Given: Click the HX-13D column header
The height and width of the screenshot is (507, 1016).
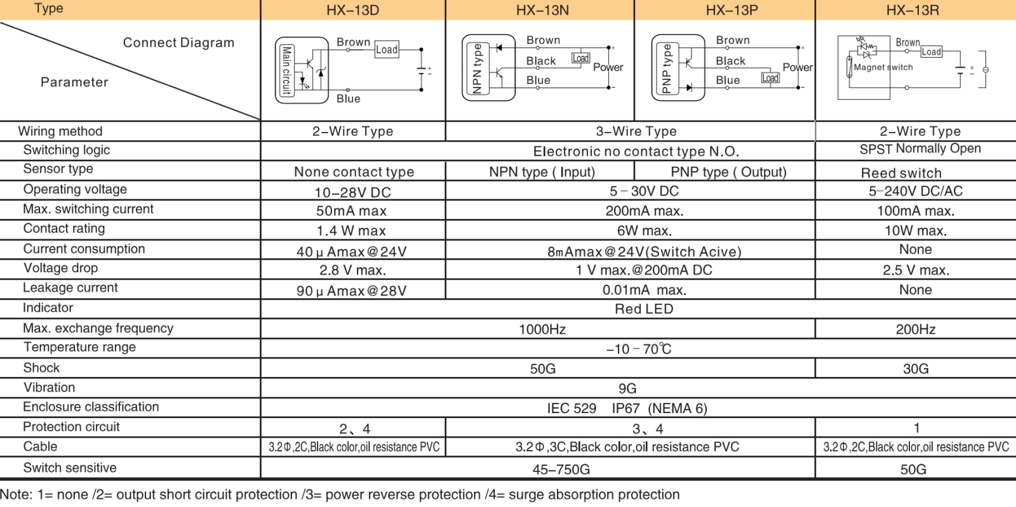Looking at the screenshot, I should coord(352,10).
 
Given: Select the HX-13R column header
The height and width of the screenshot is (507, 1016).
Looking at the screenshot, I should coord(912,10).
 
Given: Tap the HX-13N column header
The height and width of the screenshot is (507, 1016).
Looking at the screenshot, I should coord(542,10).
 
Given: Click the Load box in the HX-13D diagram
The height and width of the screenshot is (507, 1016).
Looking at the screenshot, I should coord(387,49).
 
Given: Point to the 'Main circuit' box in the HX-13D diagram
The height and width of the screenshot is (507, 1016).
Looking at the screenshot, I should coord(286,70).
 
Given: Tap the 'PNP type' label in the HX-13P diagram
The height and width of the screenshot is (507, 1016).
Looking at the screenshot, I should coord(667,69).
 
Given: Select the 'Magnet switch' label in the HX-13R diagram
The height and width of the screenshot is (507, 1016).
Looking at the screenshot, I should coord(883,67).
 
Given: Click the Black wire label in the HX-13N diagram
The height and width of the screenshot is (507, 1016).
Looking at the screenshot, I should coord(541,61).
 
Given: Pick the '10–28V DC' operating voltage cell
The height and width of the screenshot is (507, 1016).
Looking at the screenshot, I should coord(352,192).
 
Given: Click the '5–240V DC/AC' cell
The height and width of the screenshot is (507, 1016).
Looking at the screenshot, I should coord(916,191).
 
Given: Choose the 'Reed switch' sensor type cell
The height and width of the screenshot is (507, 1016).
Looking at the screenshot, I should coord(901,173).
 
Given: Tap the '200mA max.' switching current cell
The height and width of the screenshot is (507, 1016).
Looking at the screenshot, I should coord(644,211).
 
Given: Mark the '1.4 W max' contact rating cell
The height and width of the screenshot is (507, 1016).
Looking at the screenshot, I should coord(351,231).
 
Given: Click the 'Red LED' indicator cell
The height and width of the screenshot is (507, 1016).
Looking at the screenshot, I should coord(644,309).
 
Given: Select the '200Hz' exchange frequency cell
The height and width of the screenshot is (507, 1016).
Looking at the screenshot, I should coord(916,329).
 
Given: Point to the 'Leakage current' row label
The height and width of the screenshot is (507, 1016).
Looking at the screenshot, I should coord(70,288).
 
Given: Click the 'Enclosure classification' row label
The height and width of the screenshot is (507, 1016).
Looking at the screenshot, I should coord(91,407).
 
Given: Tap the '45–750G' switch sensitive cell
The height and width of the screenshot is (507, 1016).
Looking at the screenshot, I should coord(561,470).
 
